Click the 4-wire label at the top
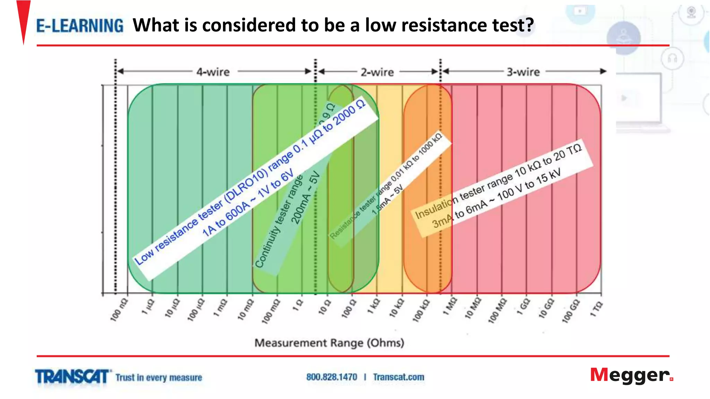(x=213, y=72)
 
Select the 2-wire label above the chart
(x=377, y=72)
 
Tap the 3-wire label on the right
(x=523, y=72)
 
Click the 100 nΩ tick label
(x=119, y=310)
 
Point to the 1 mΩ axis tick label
(x=220, y=308)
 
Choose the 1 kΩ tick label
(x=374, y=306)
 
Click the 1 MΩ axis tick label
(x=450, y=306)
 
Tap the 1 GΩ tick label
(x=523, y=307)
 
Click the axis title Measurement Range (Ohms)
(x=329, y=343)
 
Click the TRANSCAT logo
(x=72, y=377)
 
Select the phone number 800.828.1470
(x=331, y=377)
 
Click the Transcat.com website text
(x=398, y=377)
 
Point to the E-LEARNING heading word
(x=80, y=26)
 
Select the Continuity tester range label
(x=279, y=222)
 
